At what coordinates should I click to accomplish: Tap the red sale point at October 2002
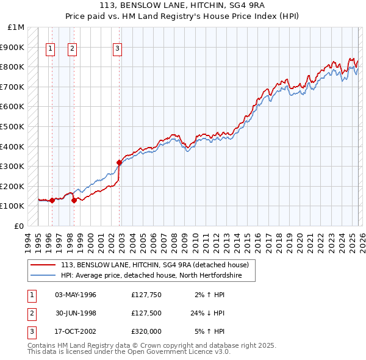pos(119,162)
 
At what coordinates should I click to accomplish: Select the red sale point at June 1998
pos(74,200)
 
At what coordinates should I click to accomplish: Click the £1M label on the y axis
pos(16,27)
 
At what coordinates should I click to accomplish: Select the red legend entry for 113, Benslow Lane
pos(154,265)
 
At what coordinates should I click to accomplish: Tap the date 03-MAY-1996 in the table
pos(76,295)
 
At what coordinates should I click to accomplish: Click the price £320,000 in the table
pos(146,331)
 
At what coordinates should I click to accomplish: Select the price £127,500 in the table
pos(146,313)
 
